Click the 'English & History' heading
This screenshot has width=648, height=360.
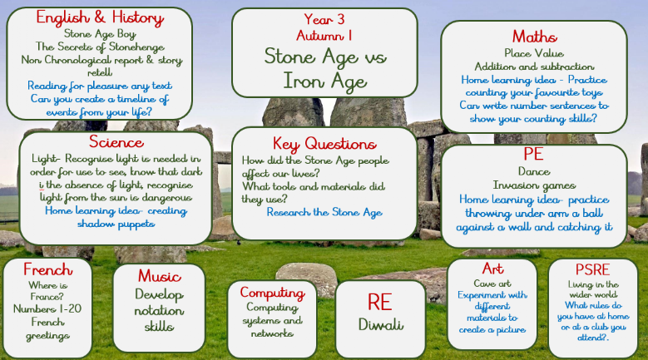(100, 17)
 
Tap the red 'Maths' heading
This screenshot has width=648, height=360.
(534, 37)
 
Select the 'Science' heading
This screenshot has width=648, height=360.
(116, 142)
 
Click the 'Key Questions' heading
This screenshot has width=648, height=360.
(324, 144)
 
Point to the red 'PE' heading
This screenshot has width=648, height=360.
(533, 154)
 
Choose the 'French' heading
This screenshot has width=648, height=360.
(48, 269)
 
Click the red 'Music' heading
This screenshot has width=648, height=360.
(160, 276)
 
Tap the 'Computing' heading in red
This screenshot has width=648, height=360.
(272, 293)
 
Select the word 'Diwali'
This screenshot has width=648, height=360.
(381, 324)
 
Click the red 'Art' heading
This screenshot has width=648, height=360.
(492, 269)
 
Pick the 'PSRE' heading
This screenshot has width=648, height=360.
(592, 269)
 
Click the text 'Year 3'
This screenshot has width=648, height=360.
(324, 19)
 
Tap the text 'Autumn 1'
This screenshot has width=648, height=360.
(324, 36)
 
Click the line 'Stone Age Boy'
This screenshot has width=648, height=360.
(100, 33)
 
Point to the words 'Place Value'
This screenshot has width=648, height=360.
(534, 53)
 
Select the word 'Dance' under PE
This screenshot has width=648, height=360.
(534, 171)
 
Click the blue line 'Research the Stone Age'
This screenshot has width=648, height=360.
(324, 212)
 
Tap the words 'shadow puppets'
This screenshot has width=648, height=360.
(116, 224)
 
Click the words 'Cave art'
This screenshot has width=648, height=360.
(492, 284)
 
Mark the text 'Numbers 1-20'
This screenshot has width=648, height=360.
(47, 308)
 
